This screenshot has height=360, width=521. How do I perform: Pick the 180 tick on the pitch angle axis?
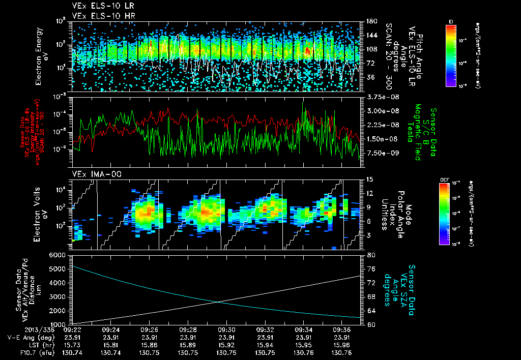[x=368, y=21]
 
